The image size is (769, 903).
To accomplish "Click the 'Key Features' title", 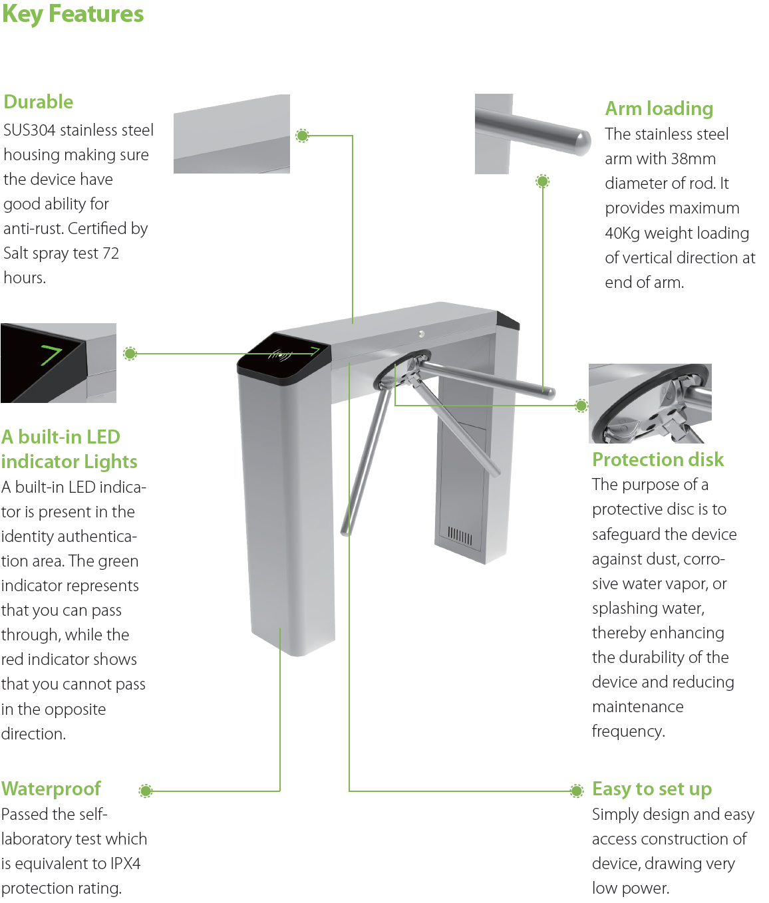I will point(73,14).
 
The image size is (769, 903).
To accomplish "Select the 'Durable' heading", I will point(39,102).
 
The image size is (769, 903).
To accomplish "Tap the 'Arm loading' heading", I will point(659,108).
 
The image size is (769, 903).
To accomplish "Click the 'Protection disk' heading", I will point(657,459).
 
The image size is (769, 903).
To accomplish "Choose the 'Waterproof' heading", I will point(51,789).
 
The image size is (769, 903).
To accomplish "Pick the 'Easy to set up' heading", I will point(651,789).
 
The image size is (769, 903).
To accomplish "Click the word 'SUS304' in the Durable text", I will point(29,130).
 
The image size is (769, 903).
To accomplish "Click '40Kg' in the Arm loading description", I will point(622,233).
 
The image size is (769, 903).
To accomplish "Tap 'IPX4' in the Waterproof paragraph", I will point(125,864).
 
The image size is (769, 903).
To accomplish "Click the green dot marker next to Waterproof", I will point(146,791).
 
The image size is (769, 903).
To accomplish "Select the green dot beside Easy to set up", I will point(577,790).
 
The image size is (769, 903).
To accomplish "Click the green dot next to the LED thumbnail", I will point(130,354).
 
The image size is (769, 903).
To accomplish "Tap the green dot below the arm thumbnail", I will point(543,181).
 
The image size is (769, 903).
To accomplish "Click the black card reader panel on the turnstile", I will point(285,358).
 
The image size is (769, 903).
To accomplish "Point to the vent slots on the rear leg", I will point(460,536).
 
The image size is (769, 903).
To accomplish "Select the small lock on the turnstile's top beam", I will point(421,334).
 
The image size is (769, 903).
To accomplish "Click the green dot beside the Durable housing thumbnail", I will point(302,136).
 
